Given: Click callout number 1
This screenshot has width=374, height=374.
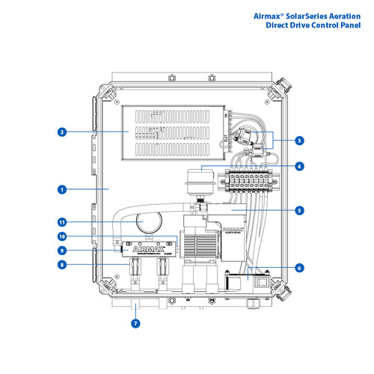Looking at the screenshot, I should pyautogui.click(x=61, y=190).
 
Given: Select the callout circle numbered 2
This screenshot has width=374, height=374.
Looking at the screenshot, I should pyautogui.click(x=61, y=132).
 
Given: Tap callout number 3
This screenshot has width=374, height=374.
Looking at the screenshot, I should pyautogui.click(x=299, y=140).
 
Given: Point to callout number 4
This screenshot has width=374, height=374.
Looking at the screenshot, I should pyautogui.click(x=299, y=166).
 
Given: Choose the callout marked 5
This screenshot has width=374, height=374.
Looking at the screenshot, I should pyautogui.click(x=299, y=211).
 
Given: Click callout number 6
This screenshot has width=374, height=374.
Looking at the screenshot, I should pyautogui.click(x=299, y=267).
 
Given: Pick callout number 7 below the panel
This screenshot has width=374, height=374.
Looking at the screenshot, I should pyautogui.click(x=135, y=324).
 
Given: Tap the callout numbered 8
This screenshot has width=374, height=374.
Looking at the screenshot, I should pyautogui.click(x=61, y=264).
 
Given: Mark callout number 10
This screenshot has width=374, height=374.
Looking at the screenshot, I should pyautogui.click(x=61, y=236).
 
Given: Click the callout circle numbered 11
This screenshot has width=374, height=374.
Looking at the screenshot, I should pyautogui.click(x=61, y=222).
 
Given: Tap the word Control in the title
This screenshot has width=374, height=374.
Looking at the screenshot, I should pyautogui.click(x=324, y=25).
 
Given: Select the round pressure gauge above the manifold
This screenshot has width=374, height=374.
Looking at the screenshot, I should pyautogui.click(x=150, y=222).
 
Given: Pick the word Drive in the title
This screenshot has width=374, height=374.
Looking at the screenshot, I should pyautogui.click(x=293, y=25).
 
